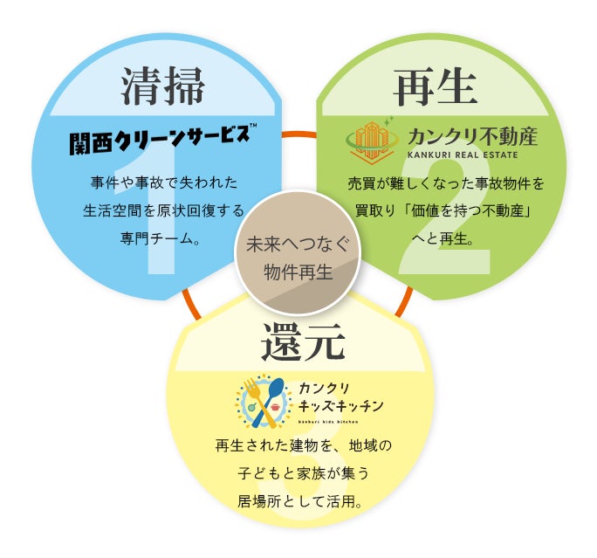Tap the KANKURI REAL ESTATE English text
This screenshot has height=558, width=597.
[462, 155]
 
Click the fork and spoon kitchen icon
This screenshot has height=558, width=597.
[261, 402]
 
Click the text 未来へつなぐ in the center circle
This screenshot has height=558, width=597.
[298, 246]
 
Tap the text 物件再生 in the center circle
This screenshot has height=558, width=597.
[298, 272]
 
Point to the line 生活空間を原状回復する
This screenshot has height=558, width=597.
[164, 210]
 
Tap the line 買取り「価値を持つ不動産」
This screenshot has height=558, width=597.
[443, 210]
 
